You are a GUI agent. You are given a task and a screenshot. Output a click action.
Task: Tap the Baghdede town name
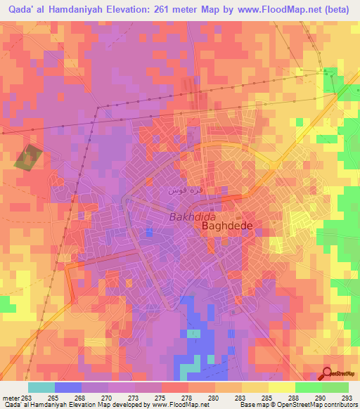[x=227, y=227]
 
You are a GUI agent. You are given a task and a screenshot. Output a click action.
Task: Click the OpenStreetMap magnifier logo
[x=328, y=374]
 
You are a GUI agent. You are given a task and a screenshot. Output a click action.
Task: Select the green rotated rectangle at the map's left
[x=27, y=157]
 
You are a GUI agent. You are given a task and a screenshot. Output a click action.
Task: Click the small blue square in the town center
[x=148, y=233]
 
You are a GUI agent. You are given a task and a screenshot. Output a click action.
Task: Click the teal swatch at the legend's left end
[x=41, y=387]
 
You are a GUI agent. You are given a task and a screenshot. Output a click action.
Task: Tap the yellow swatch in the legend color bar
[x=281, y=387]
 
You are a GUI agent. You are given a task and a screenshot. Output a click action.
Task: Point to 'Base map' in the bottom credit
[x=252, y=405]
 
